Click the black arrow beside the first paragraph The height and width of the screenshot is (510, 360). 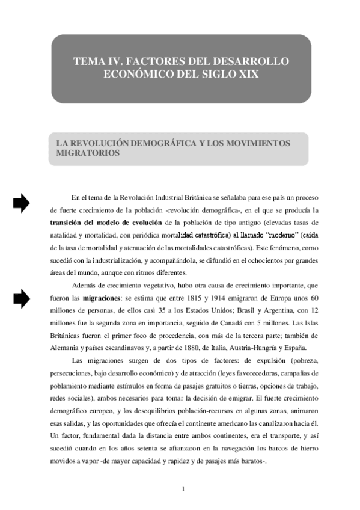coord(22,204)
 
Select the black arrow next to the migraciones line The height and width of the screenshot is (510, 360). coord(22,297)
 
